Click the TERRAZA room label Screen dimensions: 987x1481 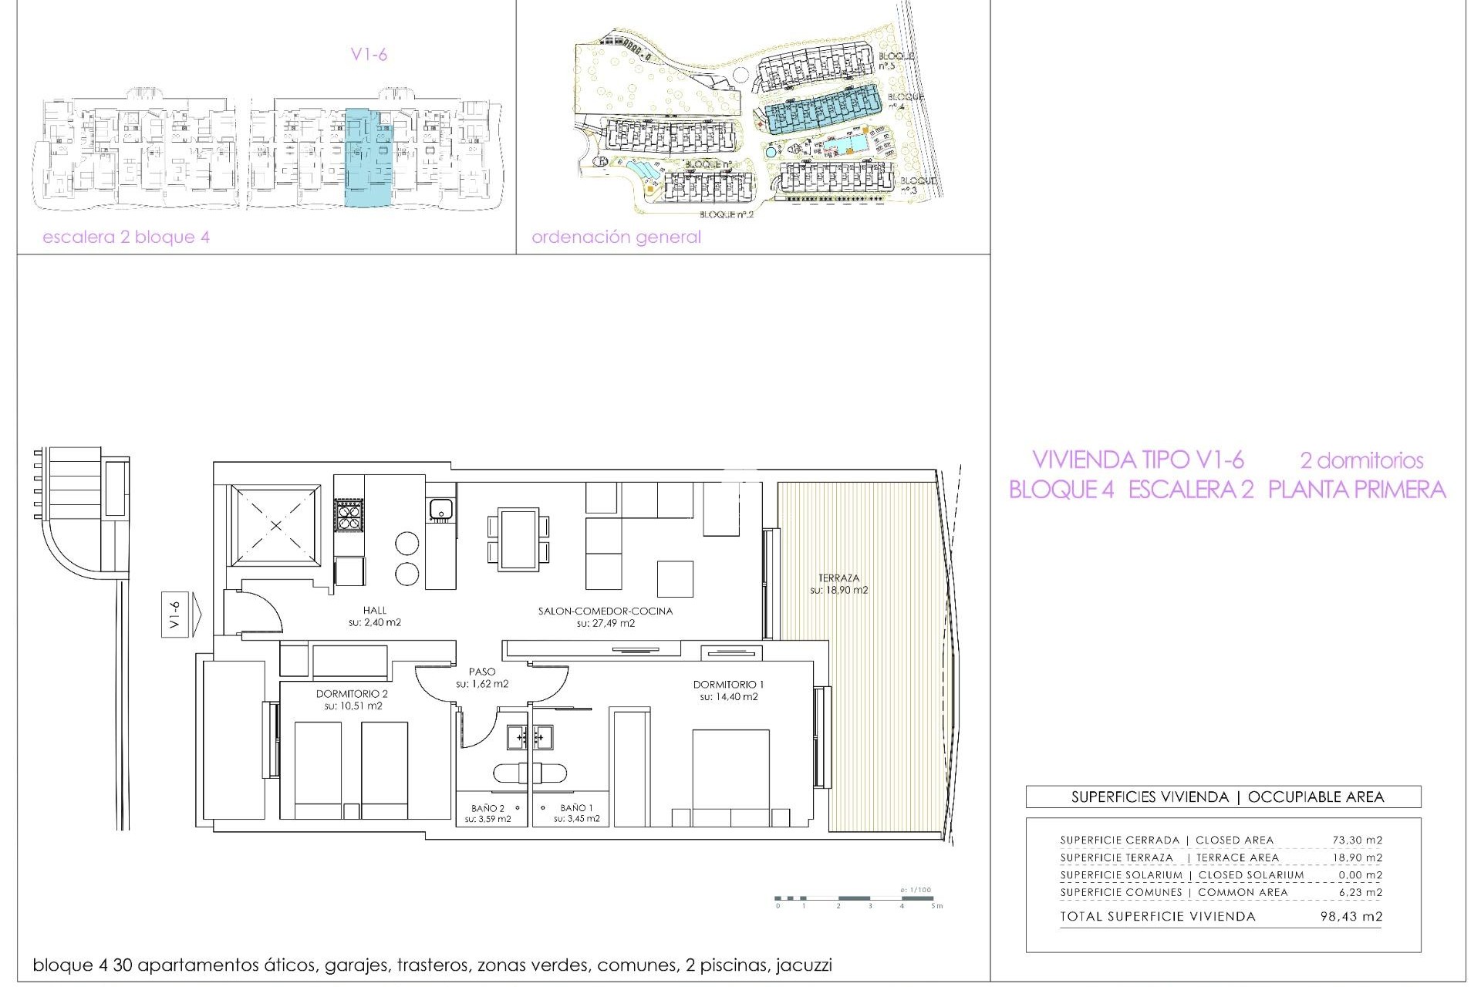[838, 578]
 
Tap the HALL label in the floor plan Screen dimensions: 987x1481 [375, 610]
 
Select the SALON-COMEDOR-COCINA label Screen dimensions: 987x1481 [606, 611]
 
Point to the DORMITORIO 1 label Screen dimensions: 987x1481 [728, 684]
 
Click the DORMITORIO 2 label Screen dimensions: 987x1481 [352, 694]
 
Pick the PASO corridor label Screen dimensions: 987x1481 [482, 672]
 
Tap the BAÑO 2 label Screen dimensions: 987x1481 [487, 808]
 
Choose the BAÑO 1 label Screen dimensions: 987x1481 [576, 808]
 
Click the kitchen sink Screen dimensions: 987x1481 [440, 509]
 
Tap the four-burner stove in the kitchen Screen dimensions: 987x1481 [349, 515]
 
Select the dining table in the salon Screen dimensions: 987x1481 [518, 538]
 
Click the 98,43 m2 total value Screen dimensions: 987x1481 [1351, 917]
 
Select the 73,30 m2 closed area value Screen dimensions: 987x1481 [1357, 840]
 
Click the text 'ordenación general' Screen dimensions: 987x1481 [616, 237]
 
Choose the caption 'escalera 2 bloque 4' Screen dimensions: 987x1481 [126, 237]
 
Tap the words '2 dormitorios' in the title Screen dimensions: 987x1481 [1361, 460]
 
